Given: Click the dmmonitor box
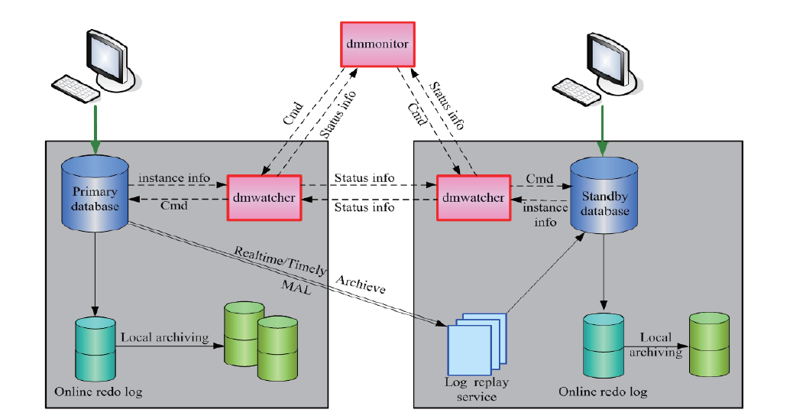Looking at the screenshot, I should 377,44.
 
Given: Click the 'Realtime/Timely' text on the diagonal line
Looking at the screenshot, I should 280,261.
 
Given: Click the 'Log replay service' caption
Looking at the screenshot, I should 476,388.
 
